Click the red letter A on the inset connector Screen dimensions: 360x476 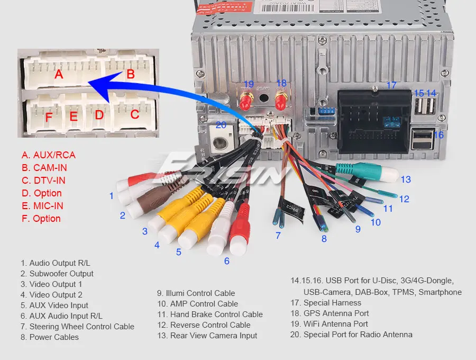click(x=59, y=75)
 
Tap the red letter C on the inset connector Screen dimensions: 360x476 click(x=135, y=114)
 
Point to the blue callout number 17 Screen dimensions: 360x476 click(x=391, y=85)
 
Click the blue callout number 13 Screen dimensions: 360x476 click(x=406, y=179)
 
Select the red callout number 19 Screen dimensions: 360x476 click(x=248, y=84)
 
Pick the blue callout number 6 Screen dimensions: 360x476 click(x=227, y=260)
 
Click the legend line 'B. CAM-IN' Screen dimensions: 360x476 click(x=44, y=168)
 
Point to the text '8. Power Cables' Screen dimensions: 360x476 click(x=50, y=337)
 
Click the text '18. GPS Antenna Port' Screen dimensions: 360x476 click(x=329, y=313)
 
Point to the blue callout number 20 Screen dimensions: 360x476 click(x=221, y=125)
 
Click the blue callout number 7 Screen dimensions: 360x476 click(x=278, y=236)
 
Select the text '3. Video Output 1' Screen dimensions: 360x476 click(x=52, y=284)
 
